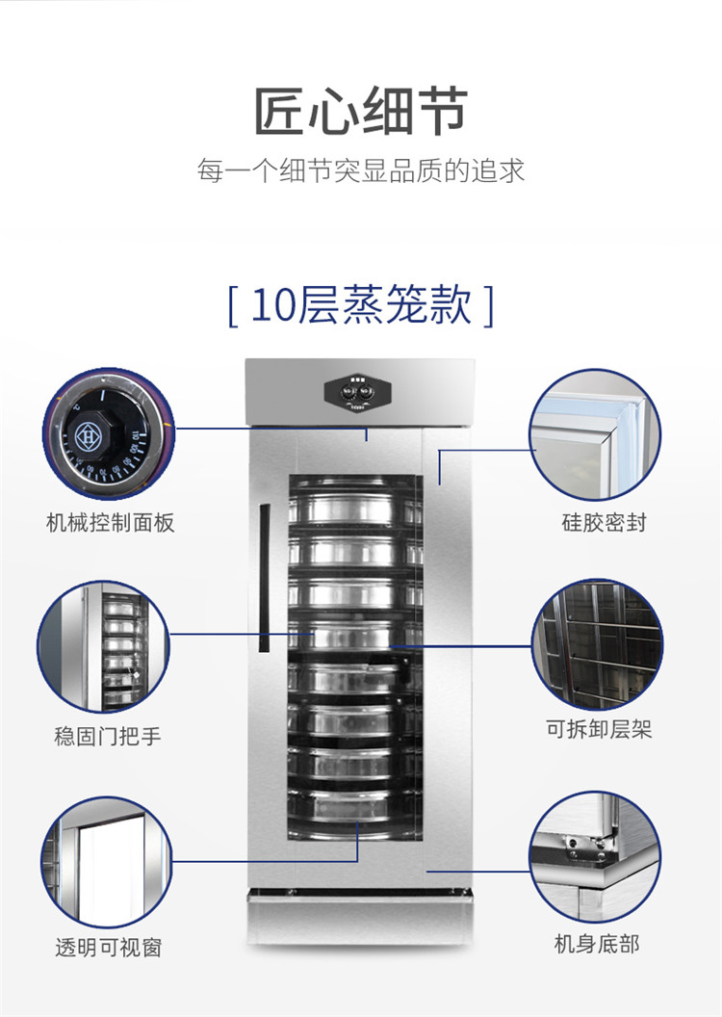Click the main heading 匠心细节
(x=360, y=111)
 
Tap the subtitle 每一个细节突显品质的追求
(x=360, y=170)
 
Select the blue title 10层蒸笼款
(x=361, y=304)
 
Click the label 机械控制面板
(x=110, y=522)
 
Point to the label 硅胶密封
(x=604, y=522)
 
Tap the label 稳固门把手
(x=107, y=736)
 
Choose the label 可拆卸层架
(x=598, y=729)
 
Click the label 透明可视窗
(x=108, y=948)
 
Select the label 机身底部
(x=596, y=944)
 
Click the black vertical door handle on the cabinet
(x=264, y=578)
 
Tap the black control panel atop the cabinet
(x=358, y=392)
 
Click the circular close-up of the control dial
(x=109, y=434)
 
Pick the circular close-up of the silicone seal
(x=595, y=434)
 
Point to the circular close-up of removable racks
(x=597, y=644)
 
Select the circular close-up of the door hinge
(x=595, y=856)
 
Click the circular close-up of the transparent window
(x=106, y=862)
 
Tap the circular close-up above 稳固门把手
(x=104, y=646)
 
